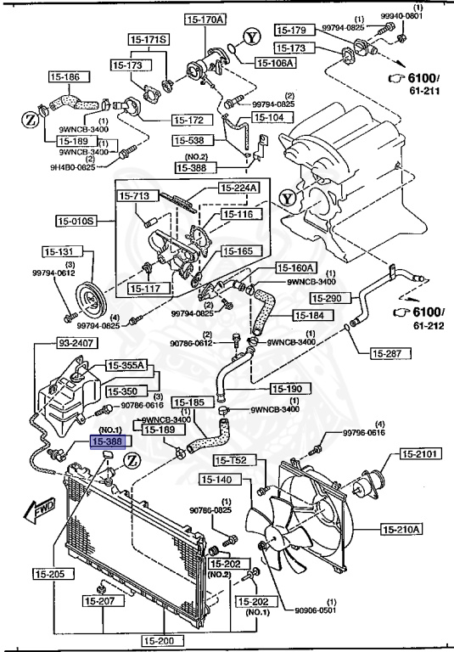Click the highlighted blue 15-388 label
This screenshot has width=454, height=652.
coord(109,443)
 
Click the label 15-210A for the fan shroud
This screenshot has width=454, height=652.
coord(401,531)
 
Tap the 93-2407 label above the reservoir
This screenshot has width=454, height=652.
coord(53,344)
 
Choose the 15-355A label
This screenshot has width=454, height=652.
coord(126,366)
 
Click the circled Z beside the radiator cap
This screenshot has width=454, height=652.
coord(132,460)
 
